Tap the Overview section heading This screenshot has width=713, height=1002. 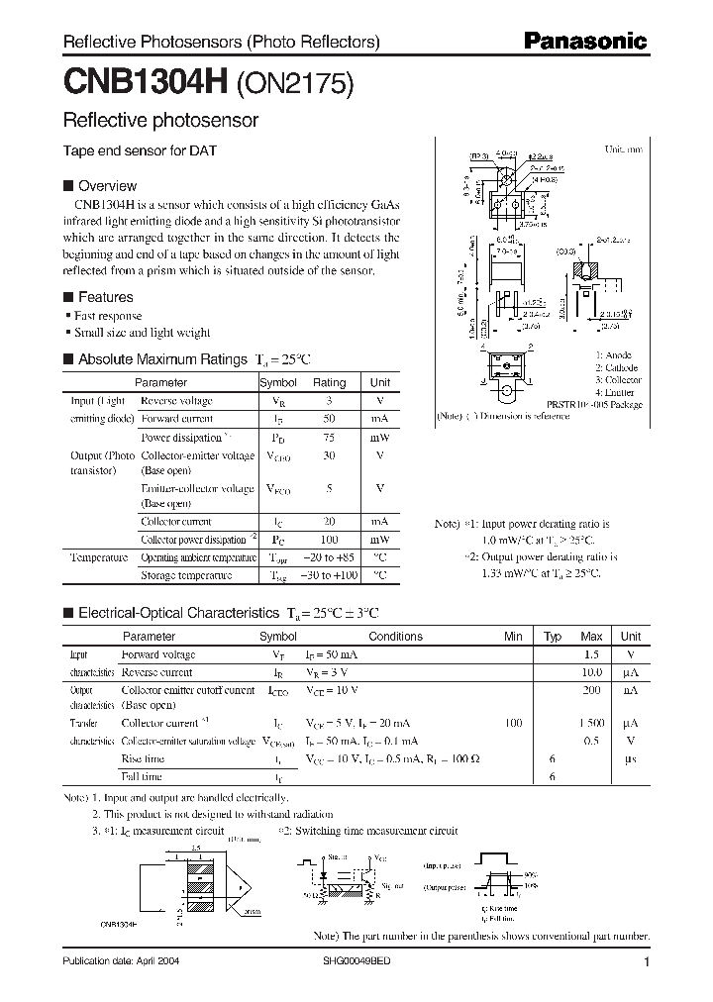[107, 185]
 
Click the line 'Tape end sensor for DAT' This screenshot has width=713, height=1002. [140, 151]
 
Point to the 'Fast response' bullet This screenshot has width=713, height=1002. [107, 316]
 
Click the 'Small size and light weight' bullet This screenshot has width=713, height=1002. [142, 333]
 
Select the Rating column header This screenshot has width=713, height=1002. [330, 382]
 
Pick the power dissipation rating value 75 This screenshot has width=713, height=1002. [330, 437]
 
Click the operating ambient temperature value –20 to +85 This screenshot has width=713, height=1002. [330, 557]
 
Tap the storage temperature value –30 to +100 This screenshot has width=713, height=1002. [330, 575]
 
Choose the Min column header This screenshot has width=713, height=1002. [513, 637]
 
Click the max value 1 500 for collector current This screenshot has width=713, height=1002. [591, 724]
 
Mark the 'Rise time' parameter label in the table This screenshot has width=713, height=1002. [143, 759]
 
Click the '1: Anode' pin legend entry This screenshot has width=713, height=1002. [613, 354]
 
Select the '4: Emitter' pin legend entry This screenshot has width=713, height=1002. [615, 393]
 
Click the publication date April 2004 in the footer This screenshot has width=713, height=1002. [121, 961]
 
